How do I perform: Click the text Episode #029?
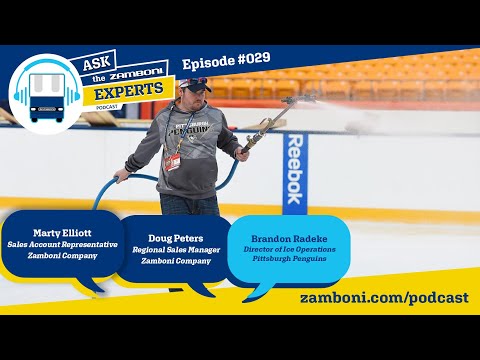click(x=227, y=61)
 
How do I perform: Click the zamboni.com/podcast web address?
click(x=384, y=299)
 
